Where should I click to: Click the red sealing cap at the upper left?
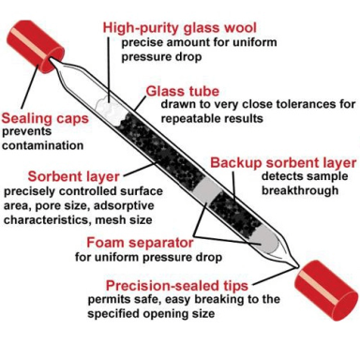tap(35, 47)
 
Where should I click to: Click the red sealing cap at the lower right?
tap(326, 291)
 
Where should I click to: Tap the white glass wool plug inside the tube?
tap(109, 111)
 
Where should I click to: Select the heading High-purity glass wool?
tap(180, 28)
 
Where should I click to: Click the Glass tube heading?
tap(183, 91)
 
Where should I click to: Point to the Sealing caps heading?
tap(45, 119)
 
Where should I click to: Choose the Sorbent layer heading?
tap(74, 176)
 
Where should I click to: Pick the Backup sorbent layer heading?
tap(283, 163)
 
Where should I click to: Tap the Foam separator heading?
tap(140, 243)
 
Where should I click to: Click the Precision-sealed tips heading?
tap(177, 286)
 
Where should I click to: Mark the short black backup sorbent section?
tap(235, 213)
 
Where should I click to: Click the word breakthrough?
tap(300, 190)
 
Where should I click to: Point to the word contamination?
tap(43, 145)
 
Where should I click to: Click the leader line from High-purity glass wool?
tap(109, 69)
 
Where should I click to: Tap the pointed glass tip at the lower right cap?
tap(296, 266)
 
